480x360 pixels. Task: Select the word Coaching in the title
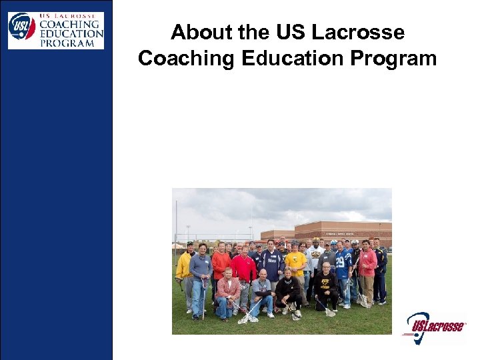pos(187,58)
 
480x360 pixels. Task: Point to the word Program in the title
pos(393,58)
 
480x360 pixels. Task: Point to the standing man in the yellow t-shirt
pos(295,265)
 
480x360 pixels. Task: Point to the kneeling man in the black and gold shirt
pos(326,288)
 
